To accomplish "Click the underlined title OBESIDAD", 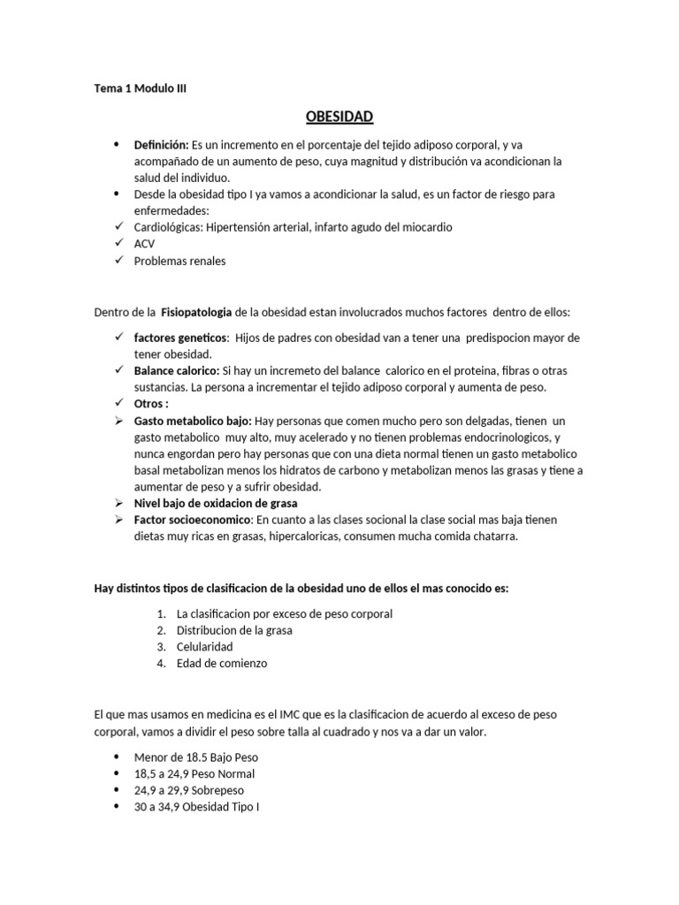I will (339, 117).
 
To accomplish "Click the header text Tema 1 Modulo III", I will (141, 88).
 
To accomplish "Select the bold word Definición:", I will (161, 143).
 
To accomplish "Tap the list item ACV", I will (144, 244).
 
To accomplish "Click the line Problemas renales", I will (179, 261).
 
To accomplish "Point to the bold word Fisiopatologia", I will (196, 312).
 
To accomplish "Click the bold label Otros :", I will (150, 404).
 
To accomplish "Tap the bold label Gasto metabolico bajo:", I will (193, 421).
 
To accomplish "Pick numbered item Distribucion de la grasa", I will (234, 630).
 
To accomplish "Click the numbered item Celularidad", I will (204, 647).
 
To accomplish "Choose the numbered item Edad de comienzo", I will (221, 663).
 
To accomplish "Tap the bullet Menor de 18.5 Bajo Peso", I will (195, 757).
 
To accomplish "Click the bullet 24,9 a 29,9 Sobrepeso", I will (188, 790).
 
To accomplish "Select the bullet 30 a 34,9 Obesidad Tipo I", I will (196, 807).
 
